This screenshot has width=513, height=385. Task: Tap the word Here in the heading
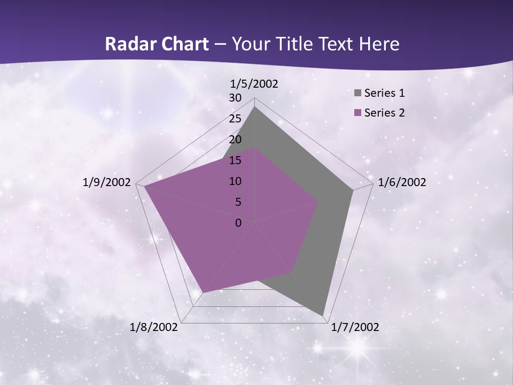pos(379,44)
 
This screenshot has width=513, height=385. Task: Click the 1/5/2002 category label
pos(254,83)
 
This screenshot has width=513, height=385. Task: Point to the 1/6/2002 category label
pos(402,182)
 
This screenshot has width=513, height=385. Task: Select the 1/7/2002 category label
pos(355,327)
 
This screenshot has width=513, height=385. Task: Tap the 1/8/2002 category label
pos(154,327)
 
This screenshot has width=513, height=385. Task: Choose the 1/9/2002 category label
pos(107,182)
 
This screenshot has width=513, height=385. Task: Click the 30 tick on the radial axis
pos(235,98)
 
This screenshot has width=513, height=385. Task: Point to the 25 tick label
pos(235,119)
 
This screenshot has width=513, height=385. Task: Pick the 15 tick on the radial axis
pos(235,160)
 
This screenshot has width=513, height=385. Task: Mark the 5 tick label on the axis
pos(238,202)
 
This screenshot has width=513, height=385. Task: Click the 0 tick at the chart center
pos(238,223)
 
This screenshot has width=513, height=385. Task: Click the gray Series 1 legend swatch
pos(357,93)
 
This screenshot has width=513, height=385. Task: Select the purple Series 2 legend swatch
pos(357,113)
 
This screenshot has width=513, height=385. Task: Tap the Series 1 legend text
pos(384,93)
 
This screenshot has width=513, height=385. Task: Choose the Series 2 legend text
pos(384,113)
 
